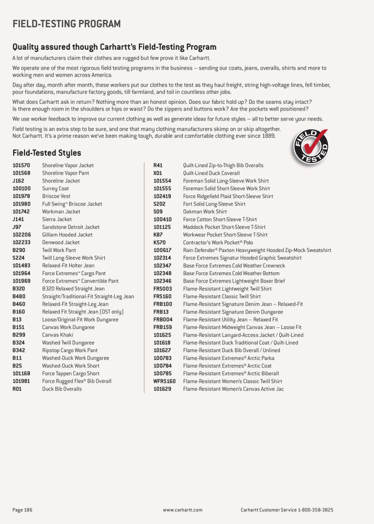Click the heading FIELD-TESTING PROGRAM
(67, 24)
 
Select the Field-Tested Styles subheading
(47, 153)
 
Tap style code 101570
(21, 166)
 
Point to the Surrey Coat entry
(56, 189)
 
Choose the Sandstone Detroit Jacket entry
(71, 227)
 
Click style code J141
(18, 220)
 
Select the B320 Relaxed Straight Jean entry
(73, 289)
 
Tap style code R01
(17, 389)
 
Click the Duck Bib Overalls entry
(62, 389)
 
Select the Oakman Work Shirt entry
(205, 212)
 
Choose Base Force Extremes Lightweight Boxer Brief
(234, 281)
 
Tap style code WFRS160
(164, 381)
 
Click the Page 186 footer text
(23, 510)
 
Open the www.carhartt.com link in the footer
(183, 510)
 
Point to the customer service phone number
(315, 510)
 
